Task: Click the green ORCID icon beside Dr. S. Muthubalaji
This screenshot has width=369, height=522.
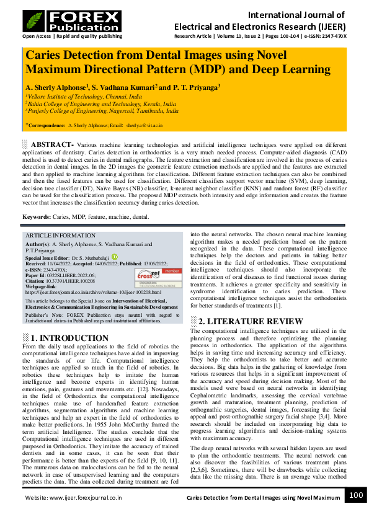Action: (113, 256)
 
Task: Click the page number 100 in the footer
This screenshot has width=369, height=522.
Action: (355, 495)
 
